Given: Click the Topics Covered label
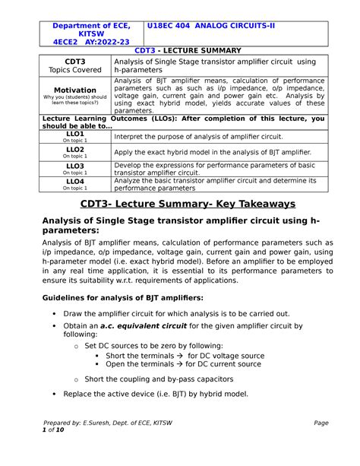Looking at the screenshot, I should pyautogui.click(x=75, y=69).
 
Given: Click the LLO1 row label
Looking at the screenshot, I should pyautogui.click(x=75, y=133).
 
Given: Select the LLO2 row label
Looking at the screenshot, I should pyautogui.click(x=75, y=150).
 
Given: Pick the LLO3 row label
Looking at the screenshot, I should pyautogui.click(x=75, y=166).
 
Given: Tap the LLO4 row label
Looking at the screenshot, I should pyautogui.click(x=75, y=182).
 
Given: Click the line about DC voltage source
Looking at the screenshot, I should pyautogui.click(x=185, y=355).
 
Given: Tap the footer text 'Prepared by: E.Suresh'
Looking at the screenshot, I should pyautogui.click(x=106, y=444).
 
